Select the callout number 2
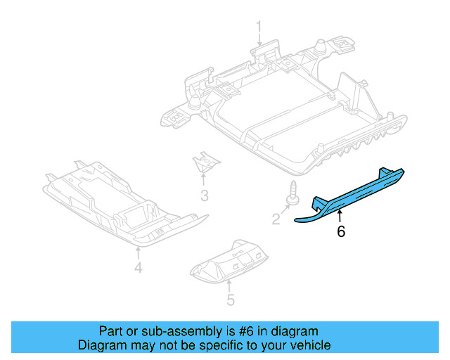(x=276, y=219)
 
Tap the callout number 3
(x=204, y=195)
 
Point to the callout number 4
(x=139, y=267)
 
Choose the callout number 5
(x=230, y=301)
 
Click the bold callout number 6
(x=341, y=231)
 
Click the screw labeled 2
(x=289, y=195)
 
